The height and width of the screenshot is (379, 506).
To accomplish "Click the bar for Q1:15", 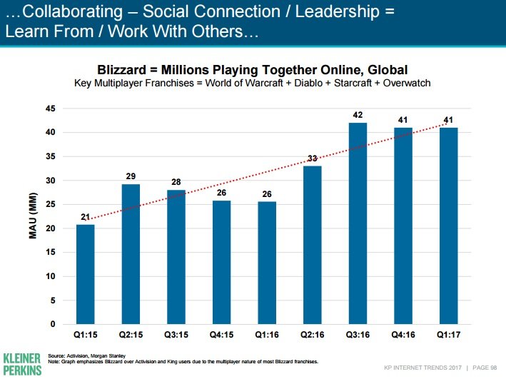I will pyautogui.click(x=85, y=275).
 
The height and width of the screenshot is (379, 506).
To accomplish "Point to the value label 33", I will pyautogui.click(x=312, y=158).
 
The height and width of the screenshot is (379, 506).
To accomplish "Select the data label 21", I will pyautogui.click(x=85, y=216).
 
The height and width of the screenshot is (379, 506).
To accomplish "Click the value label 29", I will pyautogui.click(x=131, y=176).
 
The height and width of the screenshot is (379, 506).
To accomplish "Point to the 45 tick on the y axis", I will pyautogui.click(x=51, y=108).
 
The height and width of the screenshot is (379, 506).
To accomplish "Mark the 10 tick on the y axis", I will pyautogui.click(x=51, y=276).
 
